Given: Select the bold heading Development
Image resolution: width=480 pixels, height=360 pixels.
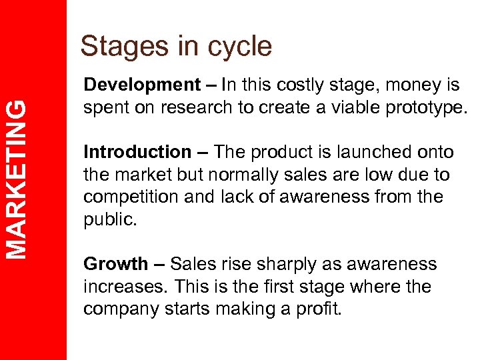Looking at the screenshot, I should pyautogui.click(x=141, y=85).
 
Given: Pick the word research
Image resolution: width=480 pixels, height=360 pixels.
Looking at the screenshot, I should pyautogui.click(x=191, y=108).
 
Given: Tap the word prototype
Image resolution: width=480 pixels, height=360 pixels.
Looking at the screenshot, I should pyautogui.click(x=417, y=108).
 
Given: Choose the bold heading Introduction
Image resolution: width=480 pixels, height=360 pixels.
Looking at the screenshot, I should pyautogui.click(x=137, y=153).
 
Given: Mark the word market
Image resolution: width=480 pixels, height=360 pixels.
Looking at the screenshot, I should pyautogui.click(x=139, y=175).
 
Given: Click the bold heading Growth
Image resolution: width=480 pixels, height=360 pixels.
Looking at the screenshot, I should pyautogui.click(x=115, y=265).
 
